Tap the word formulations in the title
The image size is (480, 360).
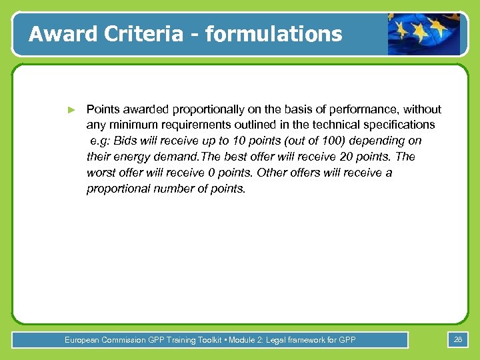click(x=273, y=33)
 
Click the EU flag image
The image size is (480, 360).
click(x=424, y=34)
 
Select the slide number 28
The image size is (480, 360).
click(x=457, y=340)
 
